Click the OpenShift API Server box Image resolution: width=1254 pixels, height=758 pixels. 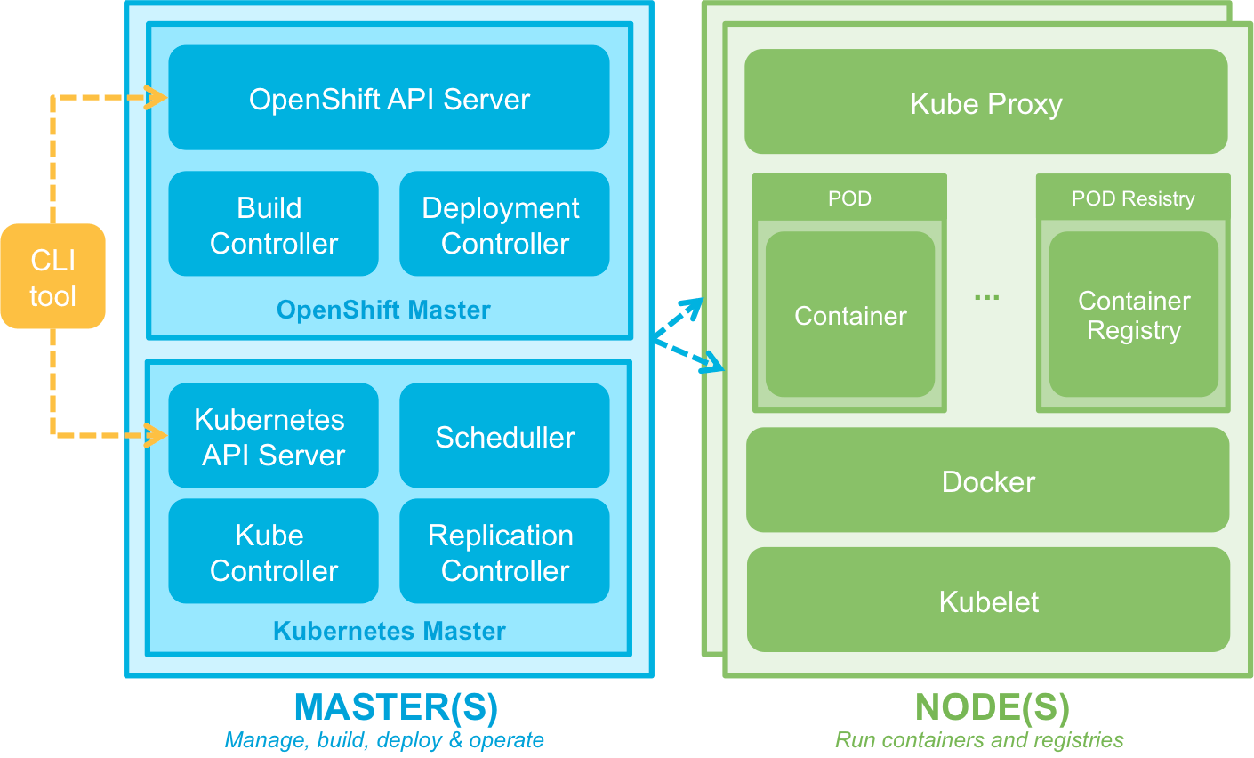pyautogui.click(x=389, y=98)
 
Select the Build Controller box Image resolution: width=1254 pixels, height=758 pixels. pyautogui.click(x=273, y=224)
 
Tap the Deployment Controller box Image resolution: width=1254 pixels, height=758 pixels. pyautogui.click(x=504, y=224)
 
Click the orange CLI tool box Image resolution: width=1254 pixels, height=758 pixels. pyautogui.click(x=52, y=277)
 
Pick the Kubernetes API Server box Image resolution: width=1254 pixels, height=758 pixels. pyautogui.click(x=273, y=436)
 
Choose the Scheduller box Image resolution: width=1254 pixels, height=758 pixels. pyautogui.click(x=504, y=436)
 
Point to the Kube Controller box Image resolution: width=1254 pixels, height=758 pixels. pyautogui.click(x=273, y=552)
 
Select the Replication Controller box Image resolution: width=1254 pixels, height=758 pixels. pyautogui.click(x=504, y=552)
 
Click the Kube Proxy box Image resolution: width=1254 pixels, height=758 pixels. pyautogui.click(x=985, y=102)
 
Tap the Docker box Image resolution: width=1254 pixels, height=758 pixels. pyautogui.click(x=987, y=480)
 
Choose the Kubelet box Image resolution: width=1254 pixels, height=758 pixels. pyautogui.click(x=988, y=601)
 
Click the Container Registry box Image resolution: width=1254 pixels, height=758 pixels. pyautogui.click(x=1133, y=315)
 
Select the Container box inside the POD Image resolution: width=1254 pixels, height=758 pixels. pyautogui.click(x=850, y=315)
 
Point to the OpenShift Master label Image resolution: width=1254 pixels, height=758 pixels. pyautogui.click(x=383, y=310)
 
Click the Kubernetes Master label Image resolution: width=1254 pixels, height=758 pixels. pyautogui.click(x=389, y=631)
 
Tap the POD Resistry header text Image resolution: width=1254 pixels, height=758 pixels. pyautogui.click(x=1132, y=198)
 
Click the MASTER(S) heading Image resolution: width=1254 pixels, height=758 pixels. pyautogui.click(x=396, y=707)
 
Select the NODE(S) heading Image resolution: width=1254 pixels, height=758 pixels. pyautogui.click(x=992, y=707)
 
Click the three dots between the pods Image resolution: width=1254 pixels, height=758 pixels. pyautogui.click(x=986, y=297)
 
